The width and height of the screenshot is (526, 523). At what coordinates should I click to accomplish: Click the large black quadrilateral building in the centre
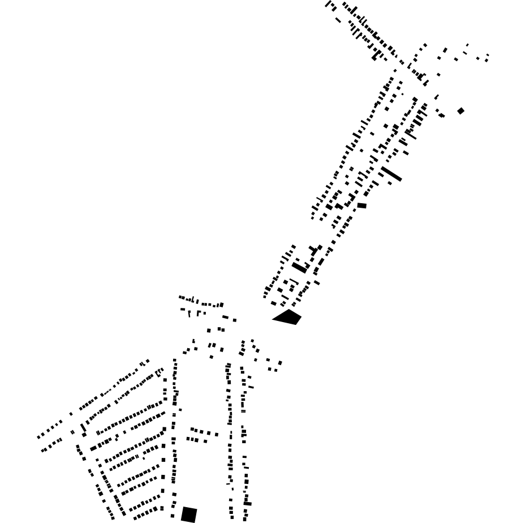(288, 317)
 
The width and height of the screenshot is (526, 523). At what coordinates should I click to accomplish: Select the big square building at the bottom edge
(189, 515)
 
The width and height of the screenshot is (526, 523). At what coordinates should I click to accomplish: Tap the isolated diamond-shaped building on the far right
(461, 111)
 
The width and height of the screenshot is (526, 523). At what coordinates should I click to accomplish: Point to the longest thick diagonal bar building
(391, 174)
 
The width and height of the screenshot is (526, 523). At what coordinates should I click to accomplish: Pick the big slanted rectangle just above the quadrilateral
(299, 267)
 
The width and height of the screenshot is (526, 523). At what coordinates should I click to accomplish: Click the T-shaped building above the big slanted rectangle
(312, 250)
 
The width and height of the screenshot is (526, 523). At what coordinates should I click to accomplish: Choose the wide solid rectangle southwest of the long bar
(361, 205)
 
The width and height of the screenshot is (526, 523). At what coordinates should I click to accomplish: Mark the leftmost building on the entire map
(38, 437)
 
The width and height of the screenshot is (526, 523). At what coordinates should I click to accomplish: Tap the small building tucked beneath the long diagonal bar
(390, 183)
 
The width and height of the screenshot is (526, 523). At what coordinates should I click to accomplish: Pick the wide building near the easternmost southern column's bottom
(247, 503)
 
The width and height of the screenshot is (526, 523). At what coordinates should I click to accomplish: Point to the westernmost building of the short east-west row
(180, 297)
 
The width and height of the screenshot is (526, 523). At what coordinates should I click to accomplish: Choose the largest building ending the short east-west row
(221, 305)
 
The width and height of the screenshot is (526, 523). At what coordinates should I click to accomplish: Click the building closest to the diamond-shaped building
(442, 115)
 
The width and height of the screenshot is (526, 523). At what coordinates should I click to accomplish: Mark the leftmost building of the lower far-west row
(43, 451)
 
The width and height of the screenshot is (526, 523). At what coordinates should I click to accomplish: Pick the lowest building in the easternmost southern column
(244, 518)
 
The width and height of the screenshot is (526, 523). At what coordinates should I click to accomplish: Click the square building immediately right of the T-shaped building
(320, 247)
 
